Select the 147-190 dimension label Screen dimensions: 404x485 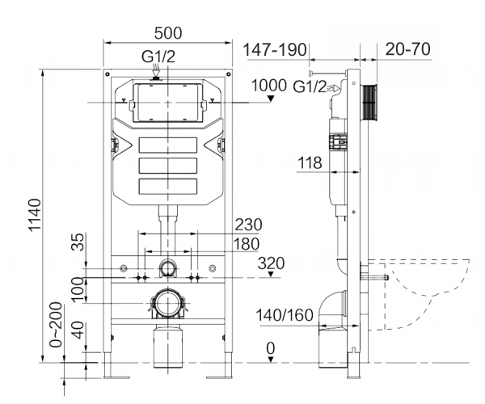[275, 50]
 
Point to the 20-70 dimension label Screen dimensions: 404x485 [407, 49]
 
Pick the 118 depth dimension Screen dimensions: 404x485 [309, 162]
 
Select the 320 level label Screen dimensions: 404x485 [272, 263]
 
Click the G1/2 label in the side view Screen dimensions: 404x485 [310, 85]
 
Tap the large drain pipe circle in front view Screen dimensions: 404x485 [168, 304]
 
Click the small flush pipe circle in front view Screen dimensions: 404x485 [168, 267]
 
